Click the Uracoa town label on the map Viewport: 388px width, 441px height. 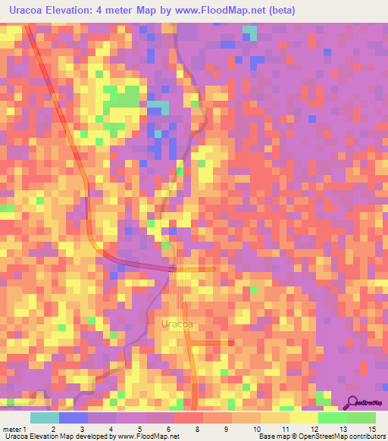(177, 324)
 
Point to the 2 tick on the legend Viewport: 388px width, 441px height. (53, 428)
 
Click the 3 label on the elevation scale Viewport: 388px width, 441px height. (82, 428)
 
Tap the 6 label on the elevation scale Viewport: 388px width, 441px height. (169, 428)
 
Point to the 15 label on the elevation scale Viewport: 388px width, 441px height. (371, 428)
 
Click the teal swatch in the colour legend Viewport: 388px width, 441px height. (44, 417)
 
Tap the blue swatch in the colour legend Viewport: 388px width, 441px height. (73, 417)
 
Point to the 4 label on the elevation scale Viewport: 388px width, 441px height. (111, 428)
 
